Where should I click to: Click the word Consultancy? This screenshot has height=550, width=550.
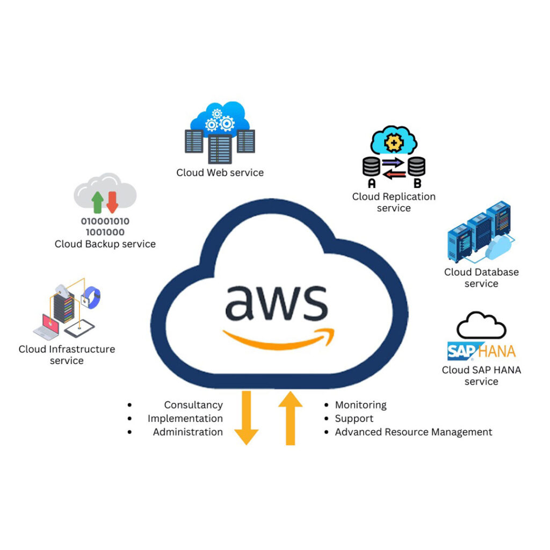click(x=193, y=405)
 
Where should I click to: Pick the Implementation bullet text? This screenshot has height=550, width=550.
click(x=185, y=418)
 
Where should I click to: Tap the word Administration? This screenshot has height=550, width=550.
click(x=187, y=432)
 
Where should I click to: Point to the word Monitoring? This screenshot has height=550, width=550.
click(x=360, y=405)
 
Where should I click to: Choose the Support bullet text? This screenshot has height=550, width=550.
click(x=354, y=418)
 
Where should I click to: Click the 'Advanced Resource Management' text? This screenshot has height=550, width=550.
click(x=414, y=432)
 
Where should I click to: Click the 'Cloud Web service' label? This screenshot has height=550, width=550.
click(x=220, y=172)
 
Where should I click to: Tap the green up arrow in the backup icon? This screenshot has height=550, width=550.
click(x=97, y=202)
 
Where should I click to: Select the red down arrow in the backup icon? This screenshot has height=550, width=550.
click(x=112, y=202)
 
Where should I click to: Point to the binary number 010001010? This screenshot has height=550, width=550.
click(x=105, y=221)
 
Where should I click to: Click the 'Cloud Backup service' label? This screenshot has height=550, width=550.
click(x=105, y=244)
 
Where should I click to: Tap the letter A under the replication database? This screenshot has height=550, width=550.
click(x=371, y=183)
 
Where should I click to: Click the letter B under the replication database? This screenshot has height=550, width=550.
click(x=416, y=183)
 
